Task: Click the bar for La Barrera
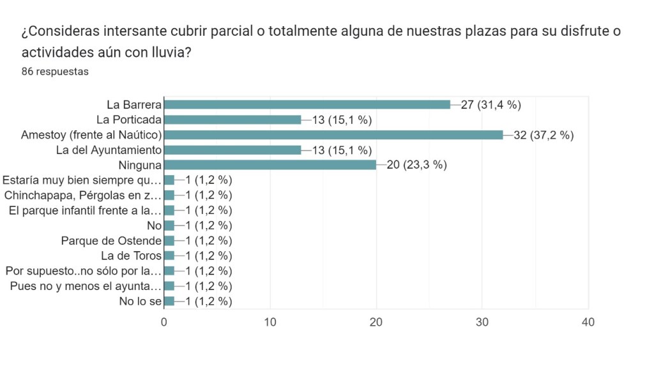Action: pyautogui.click(x=307, y=104)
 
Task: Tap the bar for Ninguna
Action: pyautogui.click(x=270, y=165)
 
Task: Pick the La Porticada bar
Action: pyautogui.click(x=232, y=119)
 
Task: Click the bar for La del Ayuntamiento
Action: pyautogui.click(x=232, y=150)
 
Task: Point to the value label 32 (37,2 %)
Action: pyautogui.click(x=544, y=135)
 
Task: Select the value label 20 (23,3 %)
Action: pyautogui.click(x=416, y=165)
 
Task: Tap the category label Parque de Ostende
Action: pyautogui.click(x=111, y=241)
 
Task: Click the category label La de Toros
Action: pyautogui.click(x=131, y=256)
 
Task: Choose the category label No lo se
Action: pyautogui.click(x=140, y=302)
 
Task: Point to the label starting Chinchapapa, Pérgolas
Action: pyautogui.click(x=82, y=195)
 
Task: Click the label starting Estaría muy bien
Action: pyautogui.click(x=82, y=180)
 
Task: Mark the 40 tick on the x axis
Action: pyautogui.click(x=588, y=322)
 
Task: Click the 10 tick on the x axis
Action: pyautogui.click(x=270, y=322)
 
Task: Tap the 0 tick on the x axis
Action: pyautogui.click(x=164, y=322)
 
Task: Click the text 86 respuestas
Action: pyautogui.click(x=55, y=72)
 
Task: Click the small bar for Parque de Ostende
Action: pyautogui.click(x=169, y=241)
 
